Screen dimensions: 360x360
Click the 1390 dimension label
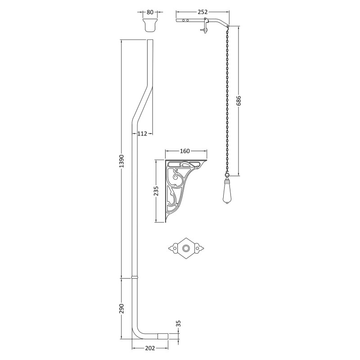tap(121, 161)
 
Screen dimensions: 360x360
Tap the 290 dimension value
tap(121, 308)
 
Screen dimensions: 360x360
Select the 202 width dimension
tap(150, 348)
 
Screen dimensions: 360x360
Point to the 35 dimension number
tap(179, 324)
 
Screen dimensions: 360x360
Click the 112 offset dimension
tap(142, 133)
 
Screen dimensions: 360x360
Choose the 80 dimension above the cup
tap(150, 12)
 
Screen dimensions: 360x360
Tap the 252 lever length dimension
tap(202, 12)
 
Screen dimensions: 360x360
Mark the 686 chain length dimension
tap(238, 100)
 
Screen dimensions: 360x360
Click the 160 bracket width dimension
tap(185, 151)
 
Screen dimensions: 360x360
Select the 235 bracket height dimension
tap(156, 190)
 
